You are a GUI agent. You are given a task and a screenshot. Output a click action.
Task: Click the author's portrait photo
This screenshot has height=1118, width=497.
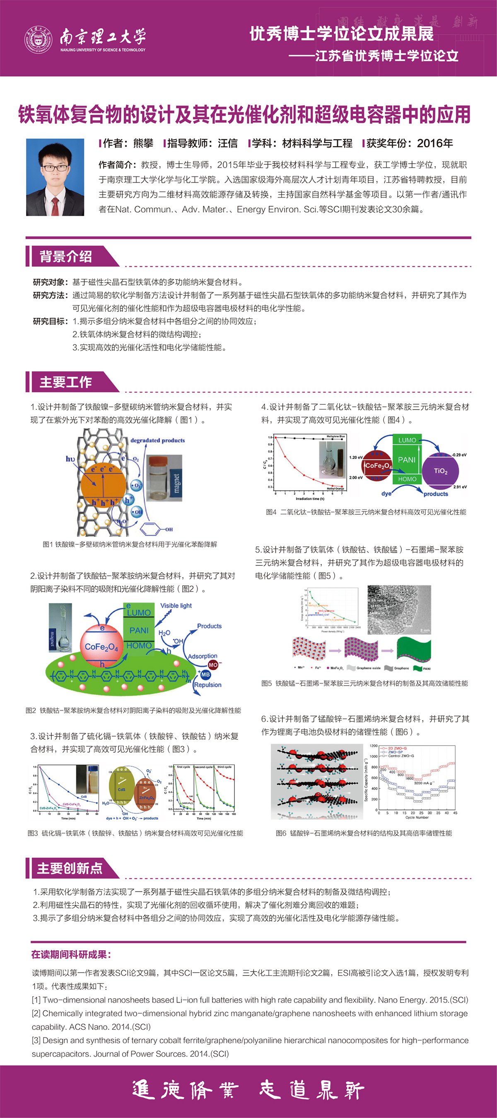(x=55, y=177)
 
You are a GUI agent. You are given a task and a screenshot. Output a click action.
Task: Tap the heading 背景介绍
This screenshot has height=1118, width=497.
(x=65, y=256)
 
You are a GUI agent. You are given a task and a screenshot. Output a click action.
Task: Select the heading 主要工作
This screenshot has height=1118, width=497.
(x=65, y=382)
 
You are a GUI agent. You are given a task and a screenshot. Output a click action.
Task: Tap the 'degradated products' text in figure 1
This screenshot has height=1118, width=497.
(x=157, y=440)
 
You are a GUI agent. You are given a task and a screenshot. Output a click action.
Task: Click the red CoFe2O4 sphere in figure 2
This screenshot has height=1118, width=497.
(x=101, y=646)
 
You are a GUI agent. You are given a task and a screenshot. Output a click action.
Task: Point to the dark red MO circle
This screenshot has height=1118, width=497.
(x=213, y=664)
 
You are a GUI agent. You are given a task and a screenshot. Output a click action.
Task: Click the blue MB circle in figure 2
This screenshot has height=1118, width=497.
(x=205, y=674)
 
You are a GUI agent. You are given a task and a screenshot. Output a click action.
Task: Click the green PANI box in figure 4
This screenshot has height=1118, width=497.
(x=407, y=460)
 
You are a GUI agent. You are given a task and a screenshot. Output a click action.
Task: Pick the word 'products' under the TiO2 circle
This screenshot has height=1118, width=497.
(x=436, y=494)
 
